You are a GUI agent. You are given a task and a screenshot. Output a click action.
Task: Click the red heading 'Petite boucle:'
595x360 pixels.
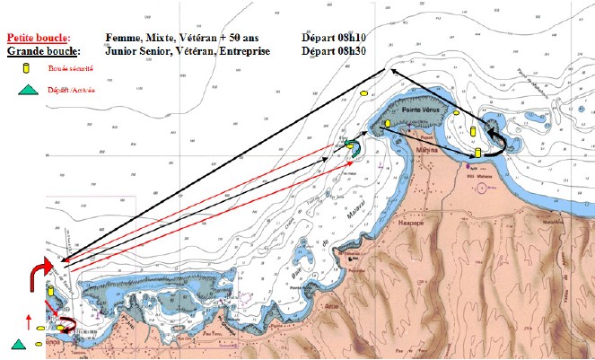click(x=38, y=39)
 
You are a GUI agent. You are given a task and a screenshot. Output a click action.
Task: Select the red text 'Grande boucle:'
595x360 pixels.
click(x=40, y=51)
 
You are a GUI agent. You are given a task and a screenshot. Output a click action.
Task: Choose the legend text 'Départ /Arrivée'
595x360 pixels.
click(x=72, y=90)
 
